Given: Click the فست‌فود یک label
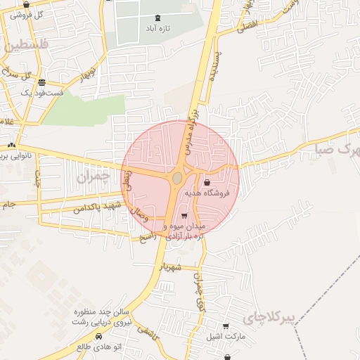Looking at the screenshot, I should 41,92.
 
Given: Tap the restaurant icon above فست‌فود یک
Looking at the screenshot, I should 41,82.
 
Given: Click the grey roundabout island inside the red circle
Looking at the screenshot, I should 176,179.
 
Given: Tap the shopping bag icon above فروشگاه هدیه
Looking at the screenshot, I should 206,182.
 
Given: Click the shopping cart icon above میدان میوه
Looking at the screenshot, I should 184,216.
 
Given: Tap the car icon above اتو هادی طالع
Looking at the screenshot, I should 98,337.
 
